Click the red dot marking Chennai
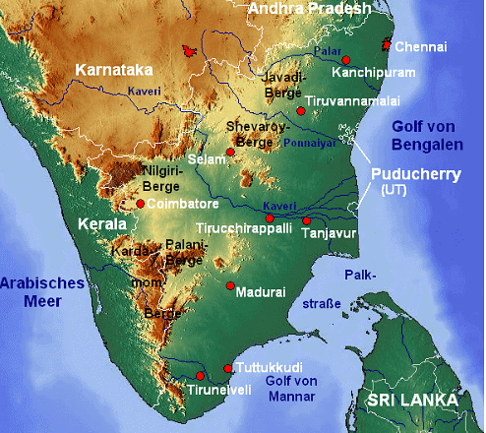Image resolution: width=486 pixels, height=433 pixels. [387, 44]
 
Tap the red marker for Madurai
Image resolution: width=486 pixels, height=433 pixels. [230, 286]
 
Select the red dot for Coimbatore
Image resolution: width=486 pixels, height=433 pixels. [141, 204]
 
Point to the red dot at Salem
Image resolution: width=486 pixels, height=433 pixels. [230, 152]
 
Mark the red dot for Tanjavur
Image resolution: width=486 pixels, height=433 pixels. [306, 220]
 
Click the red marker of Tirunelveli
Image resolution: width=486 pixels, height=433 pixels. [200, 376]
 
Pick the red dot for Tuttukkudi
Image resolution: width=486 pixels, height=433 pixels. [230, 369]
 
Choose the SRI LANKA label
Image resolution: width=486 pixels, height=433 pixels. [412, 401]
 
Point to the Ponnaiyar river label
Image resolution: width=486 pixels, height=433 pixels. [309, 142]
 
